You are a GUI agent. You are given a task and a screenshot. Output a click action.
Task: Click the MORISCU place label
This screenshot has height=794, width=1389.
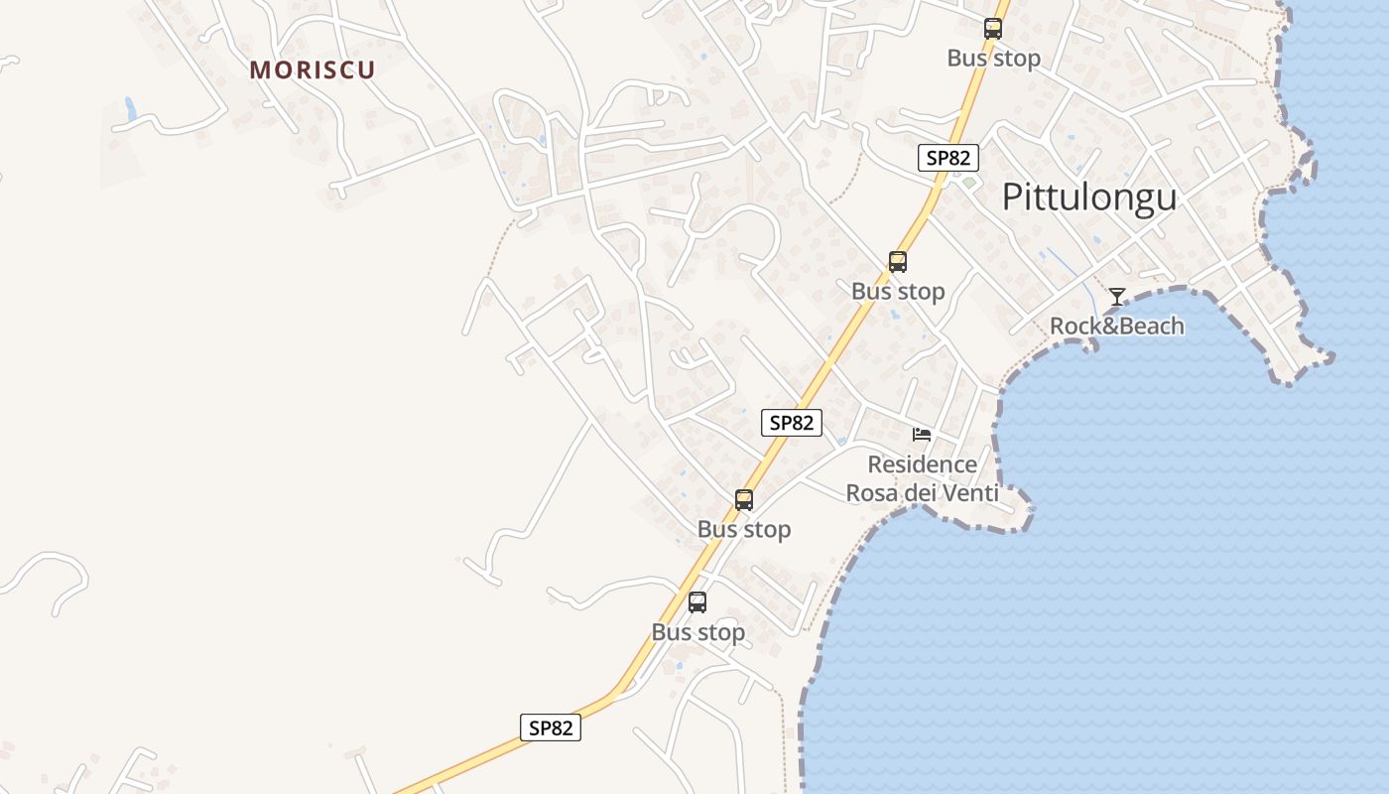click(313, 70)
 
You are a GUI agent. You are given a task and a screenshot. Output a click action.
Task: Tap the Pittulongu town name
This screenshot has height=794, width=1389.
click(1088, 197)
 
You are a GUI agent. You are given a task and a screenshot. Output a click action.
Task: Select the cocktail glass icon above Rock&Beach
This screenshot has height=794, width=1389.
click(1117, 297)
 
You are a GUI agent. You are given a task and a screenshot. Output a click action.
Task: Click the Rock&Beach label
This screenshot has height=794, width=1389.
click(1116, 326)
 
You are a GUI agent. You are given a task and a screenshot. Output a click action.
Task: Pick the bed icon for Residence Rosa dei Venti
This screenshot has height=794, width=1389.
click(922, 435)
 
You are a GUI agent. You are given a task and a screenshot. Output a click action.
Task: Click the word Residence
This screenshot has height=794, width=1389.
click(922, 464)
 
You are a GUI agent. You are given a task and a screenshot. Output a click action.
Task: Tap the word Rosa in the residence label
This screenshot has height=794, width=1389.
click(873, 493)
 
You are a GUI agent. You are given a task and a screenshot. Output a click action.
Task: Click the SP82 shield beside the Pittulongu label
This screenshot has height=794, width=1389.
click(948, 157)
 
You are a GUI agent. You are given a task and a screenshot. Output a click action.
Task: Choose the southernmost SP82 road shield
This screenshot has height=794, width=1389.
click(551, 728)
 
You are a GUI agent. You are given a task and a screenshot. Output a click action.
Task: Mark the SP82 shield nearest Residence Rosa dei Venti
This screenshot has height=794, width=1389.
click(792, 422)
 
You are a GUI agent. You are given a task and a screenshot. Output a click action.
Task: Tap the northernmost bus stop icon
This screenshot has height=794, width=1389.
click(993, 29)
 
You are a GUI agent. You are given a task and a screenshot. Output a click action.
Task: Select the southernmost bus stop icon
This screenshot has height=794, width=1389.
click(697, 602)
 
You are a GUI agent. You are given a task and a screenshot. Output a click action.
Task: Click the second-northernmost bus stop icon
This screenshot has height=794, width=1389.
click(898, 262)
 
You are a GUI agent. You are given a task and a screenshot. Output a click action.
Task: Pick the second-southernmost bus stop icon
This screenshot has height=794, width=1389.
click(744, 500)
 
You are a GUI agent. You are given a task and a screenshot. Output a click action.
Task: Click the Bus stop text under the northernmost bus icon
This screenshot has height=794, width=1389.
click(993, 58)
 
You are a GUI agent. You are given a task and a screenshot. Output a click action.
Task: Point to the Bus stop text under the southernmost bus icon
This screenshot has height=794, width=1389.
click(697, 632)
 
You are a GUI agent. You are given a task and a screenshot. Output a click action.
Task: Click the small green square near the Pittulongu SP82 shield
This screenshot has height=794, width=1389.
click(968, 183)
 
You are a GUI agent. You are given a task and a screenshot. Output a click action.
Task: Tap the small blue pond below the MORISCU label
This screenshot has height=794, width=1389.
click(129, 108)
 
